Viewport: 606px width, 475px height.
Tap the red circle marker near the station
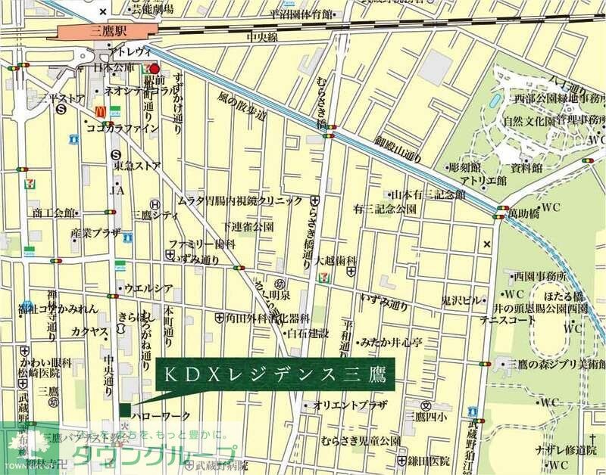tap(155, 69)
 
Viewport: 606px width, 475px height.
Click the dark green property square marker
tap(124, 410)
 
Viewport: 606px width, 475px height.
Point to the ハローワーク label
tap(160, 415)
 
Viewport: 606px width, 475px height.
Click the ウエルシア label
tap(148, 287)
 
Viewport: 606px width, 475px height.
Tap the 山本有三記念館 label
tap(428, 195)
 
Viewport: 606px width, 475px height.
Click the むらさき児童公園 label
tap(360, 441)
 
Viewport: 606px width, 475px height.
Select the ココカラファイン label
tap(122, 129)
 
